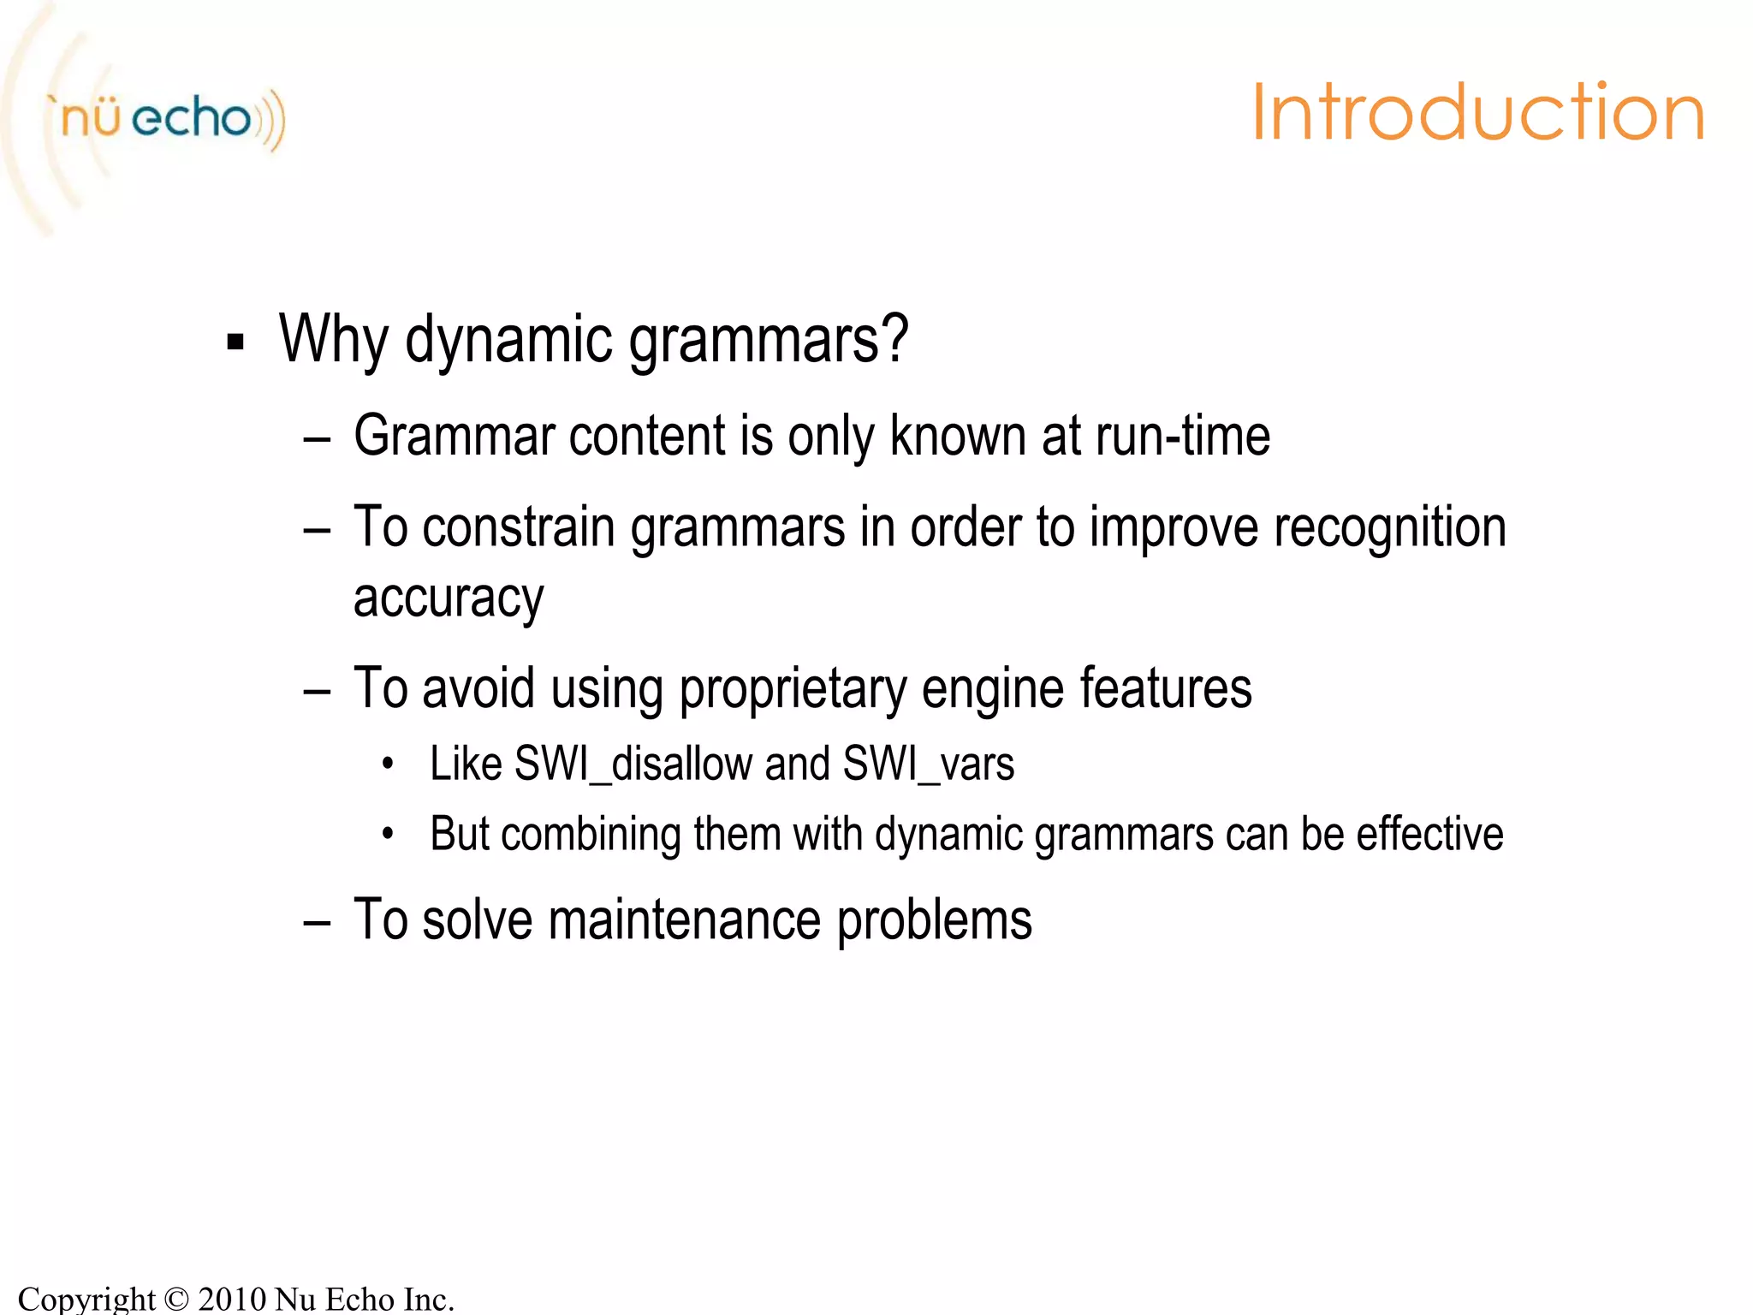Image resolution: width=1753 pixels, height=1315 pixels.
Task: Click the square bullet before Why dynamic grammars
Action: tap(235, 342)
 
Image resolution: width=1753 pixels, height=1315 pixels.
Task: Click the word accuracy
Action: tap(448, 598)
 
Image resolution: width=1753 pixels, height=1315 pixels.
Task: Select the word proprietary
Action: tap(793, 688)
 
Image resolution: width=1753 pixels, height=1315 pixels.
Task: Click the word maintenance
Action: tap(684, 919)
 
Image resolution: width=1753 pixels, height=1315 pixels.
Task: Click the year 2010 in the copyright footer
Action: tap(232, 1299)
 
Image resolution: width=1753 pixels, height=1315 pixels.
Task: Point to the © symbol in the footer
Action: tap(176, 1300)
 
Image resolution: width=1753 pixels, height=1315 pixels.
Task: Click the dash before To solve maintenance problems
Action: tap(317, 922)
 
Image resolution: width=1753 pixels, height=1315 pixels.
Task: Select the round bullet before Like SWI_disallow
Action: tap(388, 764)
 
